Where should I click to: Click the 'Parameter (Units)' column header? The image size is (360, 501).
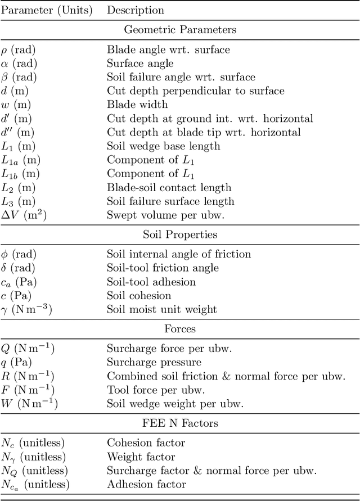[x=46, y=10]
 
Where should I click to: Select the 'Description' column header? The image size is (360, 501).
[x=136, y=10]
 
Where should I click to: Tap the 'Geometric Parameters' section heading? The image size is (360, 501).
[x=180, y=30]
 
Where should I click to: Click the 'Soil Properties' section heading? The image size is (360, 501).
[x=180, y=234]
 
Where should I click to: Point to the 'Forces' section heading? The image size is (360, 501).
[x=180, y=329]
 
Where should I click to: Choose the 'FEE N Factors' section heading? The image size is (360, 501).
[x=180, y=423]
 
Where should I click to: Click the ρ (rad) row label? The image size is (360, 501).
[x=22, y=49]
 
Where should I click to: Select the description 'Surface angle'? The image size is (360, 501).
[x=140, y=64]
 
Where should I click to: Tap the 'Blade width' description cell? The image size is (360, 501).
[x=137, y=105]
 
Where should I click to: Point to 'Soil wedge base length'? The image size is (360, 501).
[x=163, y=146]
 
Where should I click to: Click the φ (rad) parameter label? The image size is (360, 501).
[x=22, y=254]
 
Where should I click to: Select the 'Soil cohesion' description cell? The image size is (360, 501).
[x=139, y=295]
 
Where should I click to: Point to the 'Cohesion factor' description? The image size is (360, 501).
[x=146, y=443]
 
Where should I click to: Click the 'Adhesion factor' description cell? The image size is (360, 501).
[x=146, y=484]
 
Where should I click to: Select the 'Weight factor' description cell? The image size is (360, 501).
[x=141, y=457]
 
